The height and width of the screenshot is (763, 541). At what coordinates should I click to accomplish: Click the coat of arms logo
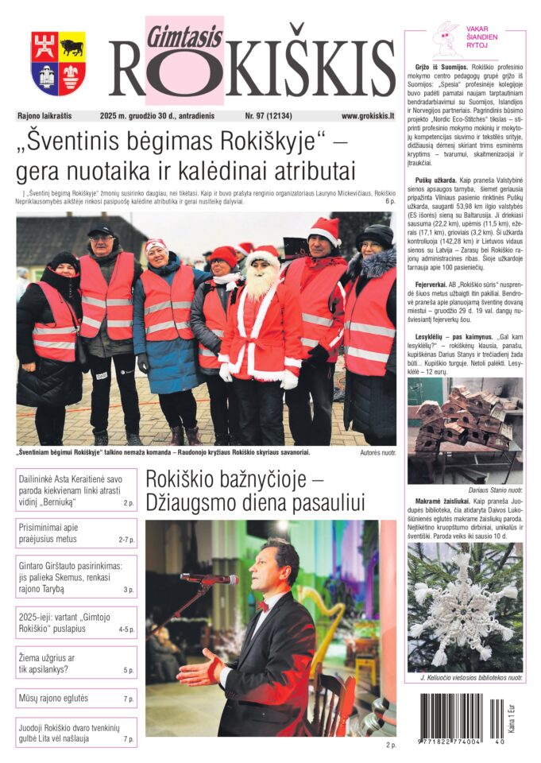click(58, 64)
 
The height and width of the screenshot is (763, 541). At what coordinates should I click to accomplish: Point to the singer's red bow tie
click(263, 605)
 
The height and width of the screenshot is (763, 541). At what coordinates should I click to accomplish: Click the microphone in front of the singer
click(209, 579)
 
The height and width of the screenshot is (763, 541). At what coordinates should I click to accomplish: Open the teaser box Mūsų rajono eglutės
click(76, 699)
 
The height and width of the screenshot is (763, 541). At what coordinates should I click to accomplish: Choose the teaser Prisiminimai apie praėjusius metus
click(76, 533)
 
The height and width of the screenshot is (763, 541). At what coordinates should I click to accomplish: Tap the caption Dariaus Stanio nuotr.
click(493, 490)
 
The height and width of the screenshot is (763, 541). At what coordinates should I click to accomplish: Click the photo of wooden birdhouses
click(465, 430)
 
